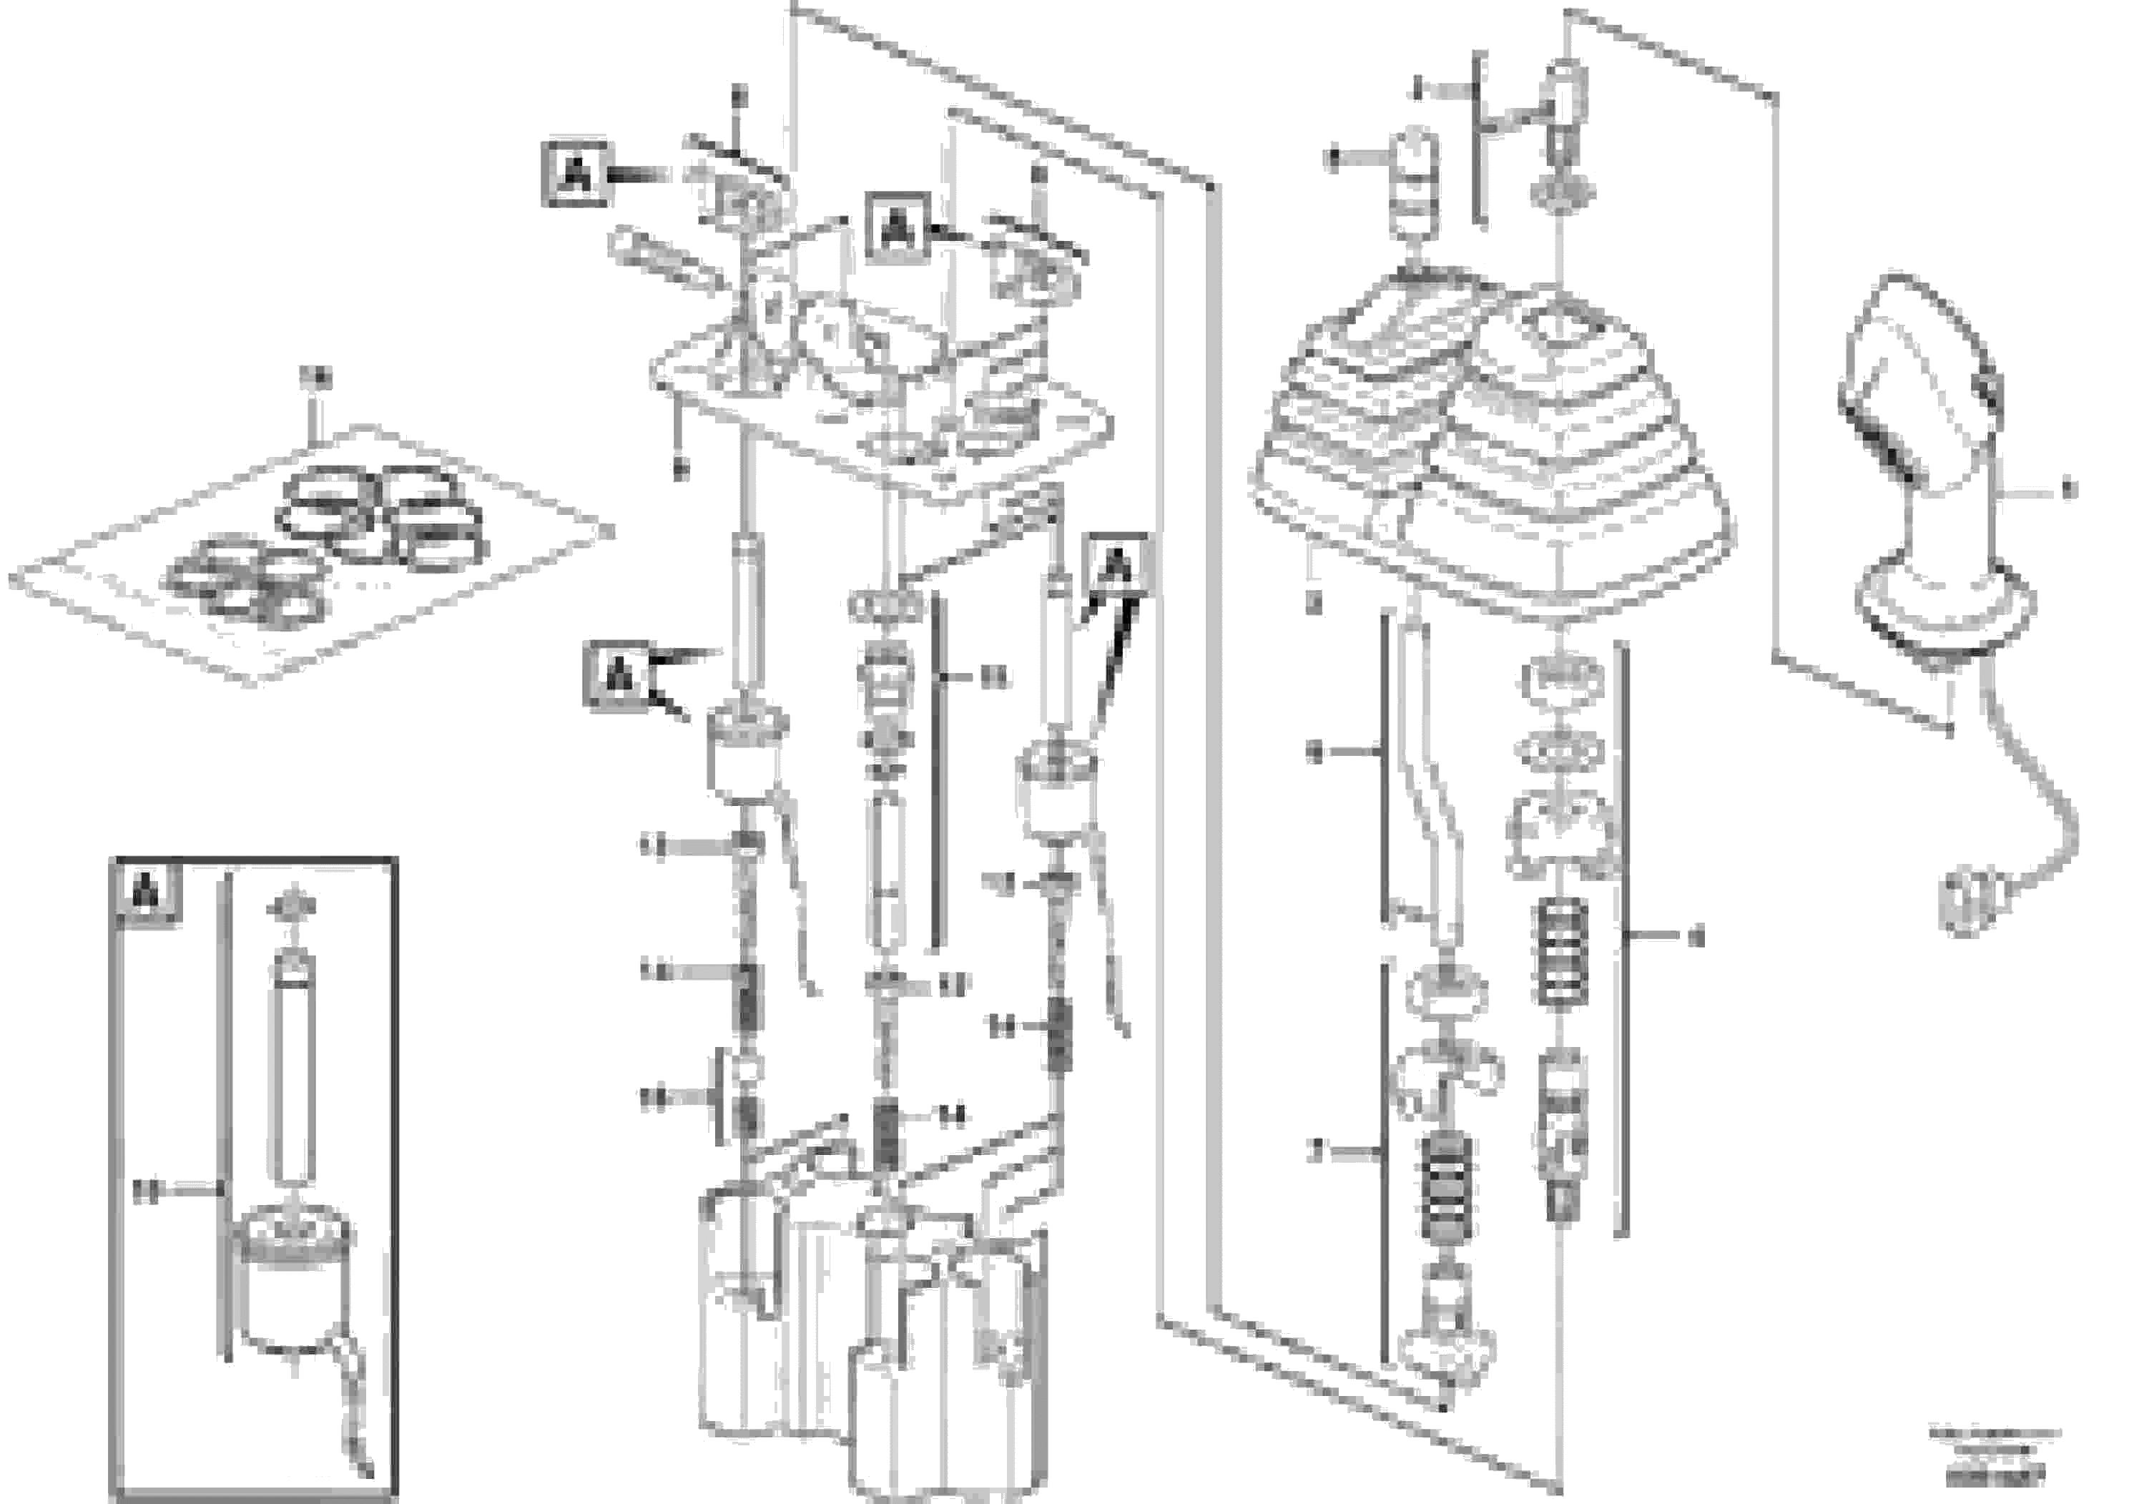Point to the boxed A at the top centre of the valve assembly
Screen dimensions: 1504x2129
897,225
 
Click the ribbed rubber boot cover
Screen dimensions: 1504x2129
1493,436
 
